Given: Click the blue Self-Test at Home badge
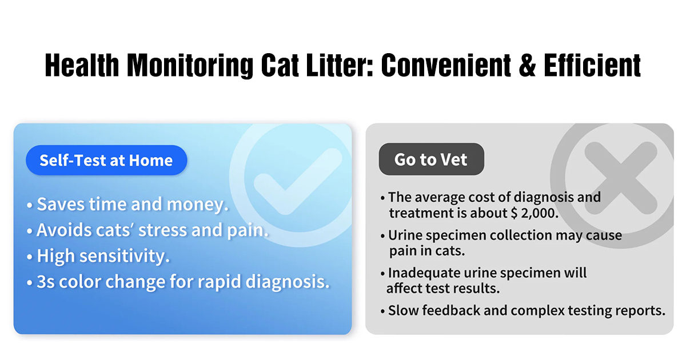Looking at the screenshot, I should [106, 160].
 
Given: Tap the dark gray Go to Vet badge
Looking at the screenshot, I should [431, 159].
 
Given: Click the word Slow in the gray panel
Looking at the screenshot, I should [402, 311].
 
